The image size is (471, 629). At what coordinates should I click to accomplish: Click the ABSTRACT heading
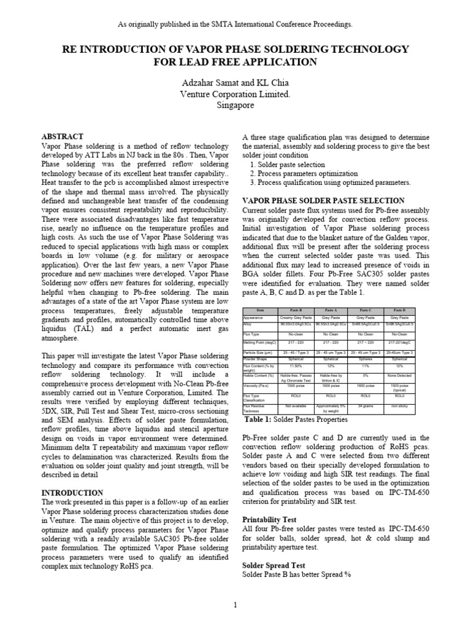click(62, 136)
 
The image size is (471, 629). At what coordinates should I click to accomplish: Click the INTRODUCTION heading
click(72, 493)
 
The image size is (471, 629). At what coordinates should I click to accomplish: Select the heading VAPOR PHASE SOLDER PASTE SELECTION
click(324, 201)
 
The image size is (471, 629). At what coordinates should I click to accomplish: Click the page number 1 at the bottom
click(235, 606)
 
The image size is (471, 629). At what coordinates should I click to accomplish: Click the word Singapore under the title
click(235, 105)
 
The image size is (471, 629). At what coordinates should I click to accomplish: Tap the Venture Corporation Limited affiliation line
click(235, 95)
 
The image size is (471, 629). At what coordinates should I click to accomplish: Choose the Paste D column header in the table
click(399, 311)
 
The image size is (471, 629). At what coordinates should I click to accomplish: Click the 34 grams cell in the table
click(365, 405)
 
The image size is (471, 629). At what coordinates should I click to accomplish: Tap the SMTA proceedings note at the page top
click(235, 24)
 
